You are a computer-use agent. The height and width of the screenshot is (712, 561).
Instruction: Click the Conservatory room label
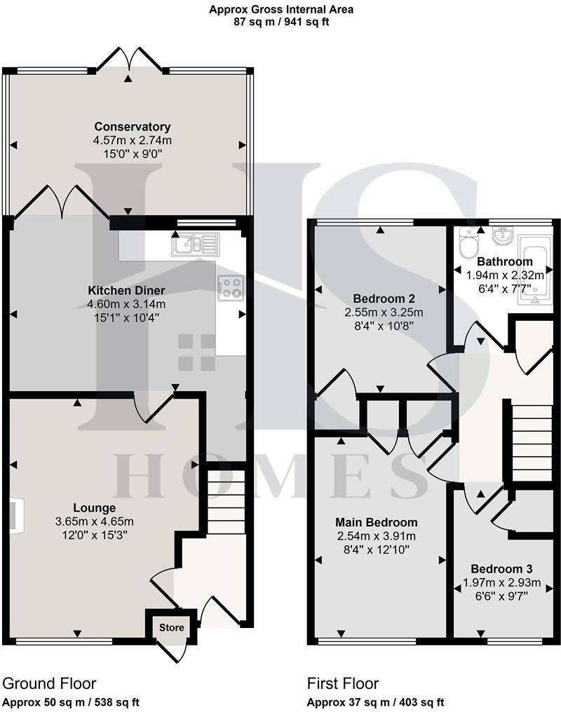[133, 127]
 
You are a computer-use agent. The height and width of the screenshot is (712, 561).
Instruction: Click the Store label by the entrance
[171, 627]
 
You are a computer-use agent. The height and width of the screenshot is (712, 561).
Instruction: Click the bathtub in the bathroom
[531, 270]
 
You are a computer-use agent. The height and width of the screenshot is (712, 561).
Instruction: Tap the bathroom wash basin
[501, 238]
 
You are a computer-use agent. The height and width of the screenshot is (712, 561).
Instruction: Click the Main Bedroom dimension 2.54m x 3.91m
[377, 537]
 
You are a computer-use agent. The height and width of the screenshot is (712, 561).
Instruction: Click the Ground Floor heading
[49, 683]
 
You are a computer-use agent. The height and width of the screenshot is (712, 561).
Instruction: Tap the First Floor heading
[343, 683]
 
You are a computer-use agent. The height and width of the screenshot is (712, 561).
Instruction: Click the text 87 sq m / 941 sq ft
[281, 22]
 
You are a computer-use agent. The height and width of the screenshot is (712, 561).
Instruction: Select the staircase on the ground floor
[225, 502]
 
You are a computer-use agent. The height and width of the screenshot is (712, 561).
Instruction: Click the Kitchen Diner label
[126, 290]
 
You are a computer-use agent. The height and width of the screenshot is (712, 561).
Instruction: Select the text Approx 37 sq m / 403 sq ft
[375, 702]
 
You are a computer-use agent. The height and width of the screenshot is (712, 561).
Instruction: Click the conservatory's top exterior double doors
[129, 63]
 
